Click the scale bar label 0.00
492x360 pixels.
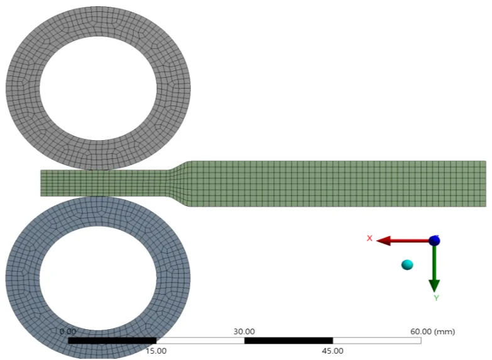67,331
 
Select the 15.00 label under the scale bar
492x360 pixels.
156,351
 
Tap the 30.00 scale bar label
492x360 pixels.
244,331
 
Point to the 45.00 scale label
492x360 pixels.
332,351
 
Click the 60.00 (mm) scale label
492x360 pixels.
433,331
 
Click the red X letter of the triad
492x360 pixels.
369,238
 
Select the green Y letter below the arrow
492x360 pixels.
435,297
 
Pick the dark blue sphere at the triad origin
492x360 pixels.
434,241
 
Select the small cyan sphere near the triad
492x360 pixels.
408,265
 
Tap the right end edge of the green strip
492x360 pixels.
485,183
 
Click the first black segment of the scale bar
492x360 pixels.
112,341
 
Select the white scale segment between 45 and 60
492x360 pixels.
376,341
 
